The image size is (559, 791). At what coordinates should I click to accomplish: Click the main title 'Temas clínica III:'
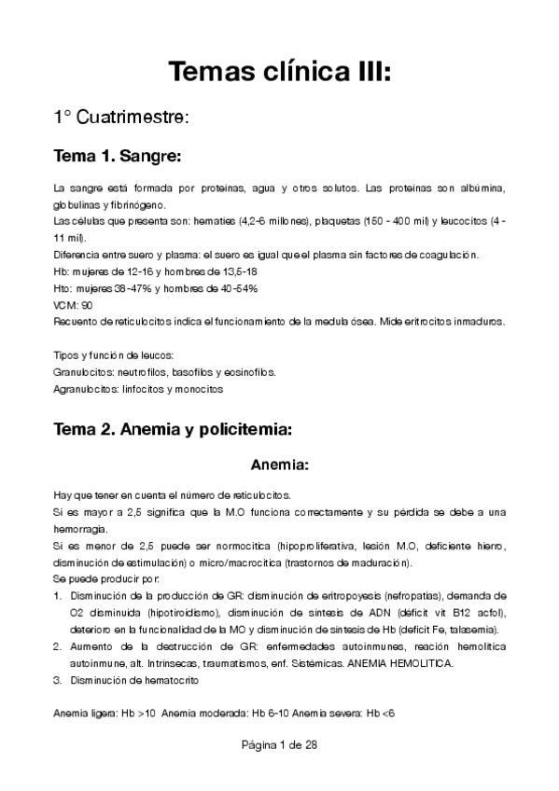279,72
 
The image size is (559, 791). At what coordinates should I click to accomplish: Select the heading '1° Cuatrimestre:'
121,118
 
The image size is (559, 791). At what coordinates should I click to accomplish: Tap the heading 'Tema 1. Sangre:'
118,154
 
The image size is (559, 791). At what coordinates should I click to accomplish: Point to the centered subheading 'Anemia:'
279,464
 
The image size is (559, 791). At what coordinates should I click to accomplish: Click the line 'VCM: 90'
74,305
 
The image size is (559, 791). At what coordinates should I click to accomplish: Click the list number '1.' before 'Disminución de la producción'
59,593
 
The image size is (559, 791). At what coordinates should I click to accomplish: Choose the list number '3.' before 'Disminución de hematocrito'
59,681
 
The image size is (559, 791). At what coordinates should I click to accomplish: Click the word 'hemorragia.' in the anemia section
81,530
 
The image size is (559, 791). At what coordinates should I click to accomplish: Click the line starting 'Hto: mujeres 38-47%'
155,288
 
